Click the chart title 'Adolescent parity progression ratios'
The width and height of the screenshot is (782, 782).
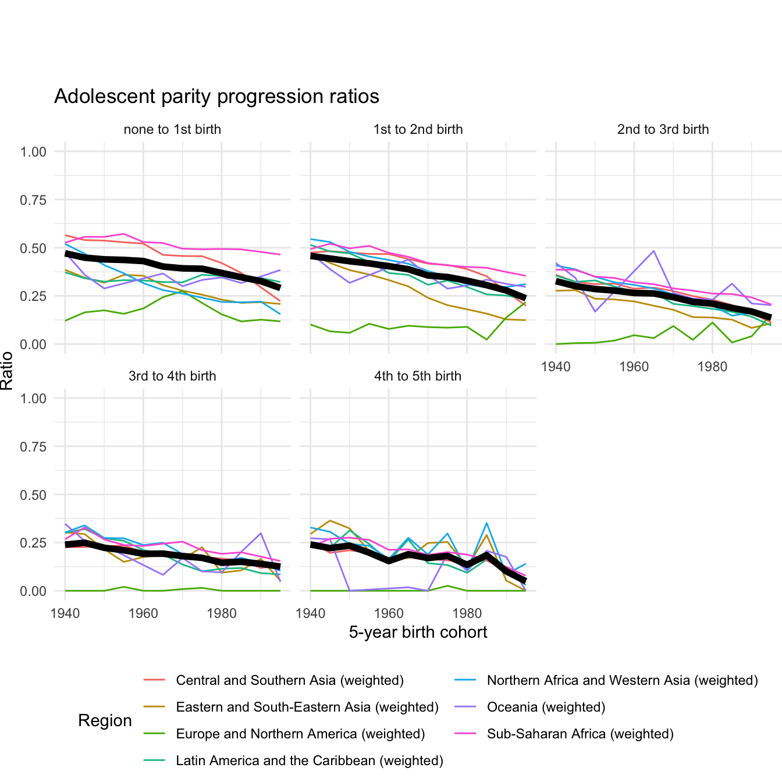216,97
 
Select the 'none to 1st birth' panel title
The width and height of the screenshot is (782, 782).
172,130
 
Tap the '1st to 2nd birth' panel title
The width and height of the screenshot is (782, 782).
418,130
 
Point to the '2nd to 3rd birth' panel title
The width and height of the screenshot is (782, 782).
663,130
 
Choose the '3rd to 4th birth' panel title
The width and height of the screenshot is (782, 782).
172,376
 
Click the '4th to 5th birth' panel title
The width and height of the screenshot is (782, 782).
418,376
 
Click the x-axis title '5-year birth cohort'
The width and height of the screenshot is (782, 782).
418,632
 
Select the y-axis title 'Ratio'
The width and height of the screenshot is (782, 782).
7,371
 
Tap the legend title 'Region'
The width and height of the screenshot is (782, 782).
105,721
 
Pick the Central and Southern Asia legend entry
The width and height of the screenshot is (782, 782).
290,681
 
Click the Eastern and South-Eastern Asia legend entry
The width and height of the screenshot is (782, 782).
307,708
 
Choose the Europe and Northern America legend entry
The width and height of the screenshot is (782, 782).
300,734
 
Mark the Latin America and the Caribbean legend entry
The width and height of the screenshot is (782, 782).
310,761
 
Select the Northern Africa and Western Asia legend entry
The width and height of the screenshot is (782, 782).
622,681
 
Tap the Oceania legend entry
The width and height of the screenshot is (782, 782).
546,708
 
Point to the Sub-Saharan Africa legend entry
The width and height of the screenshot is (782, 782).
580,734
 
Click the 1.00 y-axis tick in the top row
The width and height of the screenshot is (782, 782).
33,152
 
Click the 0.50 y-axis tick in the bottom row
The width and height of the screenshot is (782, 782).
33,495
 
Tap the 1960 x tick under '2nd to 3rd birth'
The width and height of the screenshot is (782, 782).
634,367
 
